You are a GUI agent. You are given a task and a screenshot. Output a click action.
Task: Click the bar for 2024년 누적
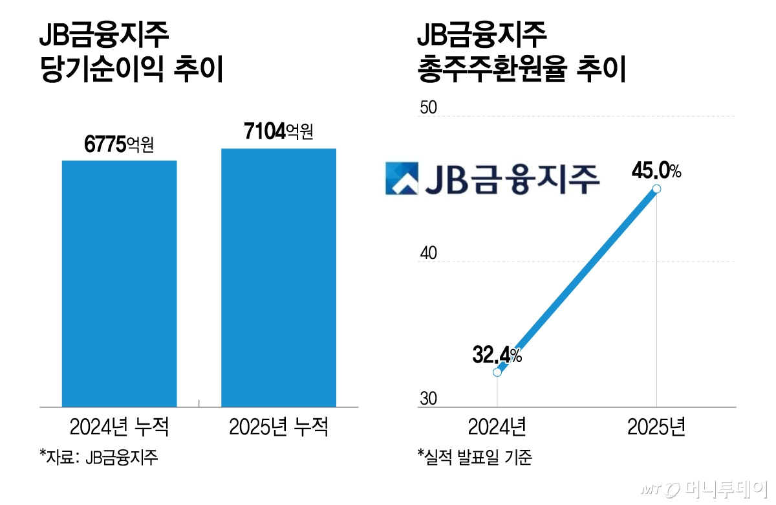119,284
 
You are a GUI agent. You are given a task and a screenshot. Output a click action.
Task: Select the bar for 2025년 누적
279,278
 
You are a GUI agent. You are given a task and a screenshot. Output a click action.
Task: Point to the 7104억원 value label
279,133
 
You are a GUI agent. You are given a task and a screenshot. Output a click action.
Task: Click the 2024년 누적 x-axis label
119,427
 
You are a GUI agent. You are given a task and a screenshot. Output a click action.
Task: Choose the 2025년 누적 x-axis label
279,427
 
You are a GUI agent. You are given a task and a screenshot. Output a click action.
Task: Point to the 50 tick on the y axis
429,108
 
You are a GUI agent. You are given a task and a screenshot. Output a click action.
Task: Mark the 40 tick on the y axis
429,254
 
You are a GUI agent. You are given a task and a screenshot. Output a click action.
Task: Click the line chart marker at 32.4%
497,372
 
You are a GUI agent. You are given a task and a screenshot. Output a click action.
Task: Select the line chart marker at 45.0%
656,188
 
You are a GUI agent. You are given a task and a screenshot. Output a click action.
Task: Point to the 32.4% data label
497,355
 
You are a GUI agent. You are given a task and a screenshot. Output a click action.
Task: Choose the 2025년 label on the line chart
656,427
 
